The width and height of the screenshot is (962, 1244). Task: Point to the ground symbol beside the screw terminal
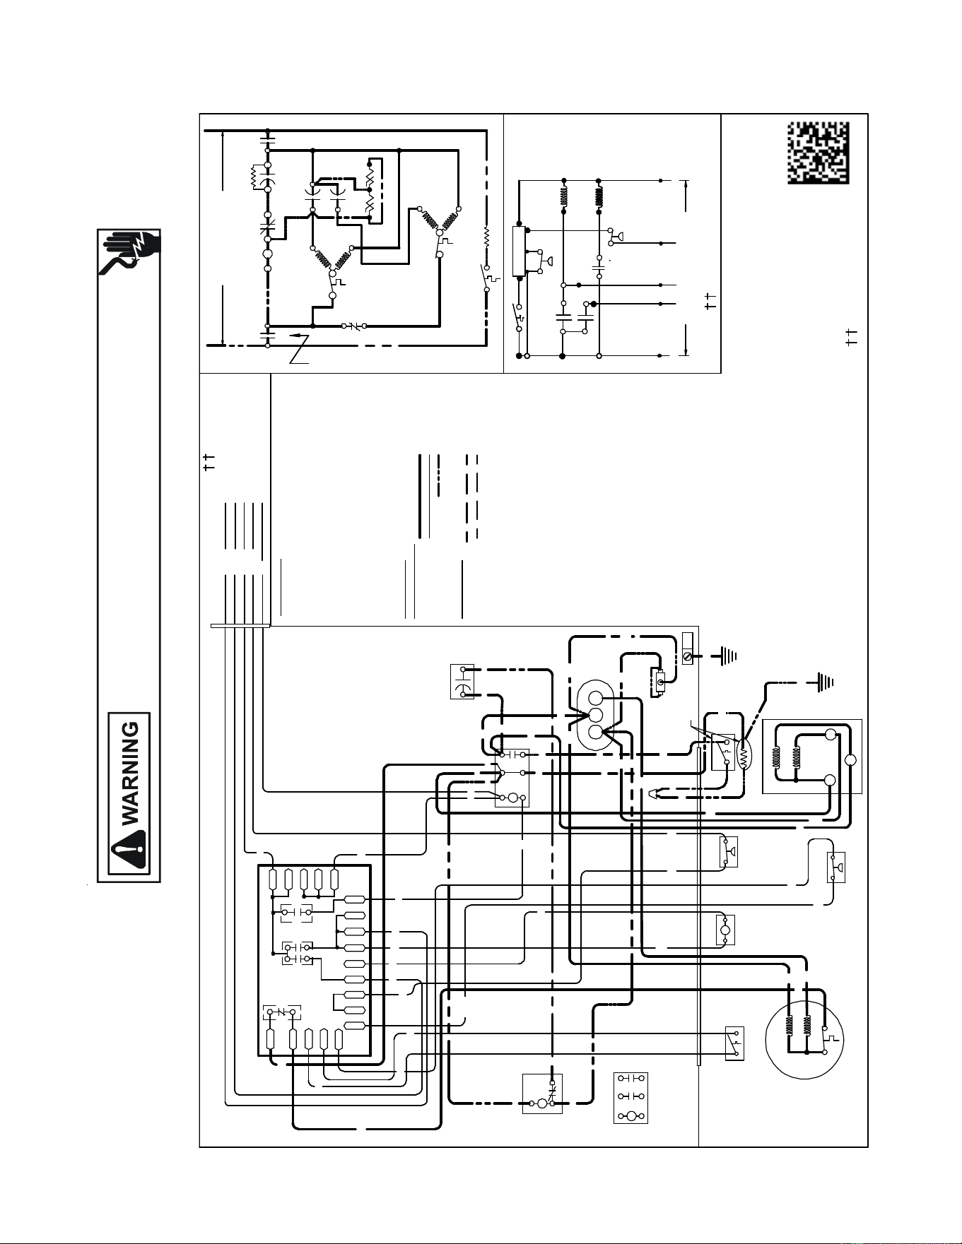(727, 656)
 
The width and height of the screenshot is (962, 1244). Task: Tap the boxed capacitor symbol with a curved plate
(462, 682)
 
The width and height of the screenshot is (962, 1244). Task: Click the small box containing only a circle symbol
(725, 930)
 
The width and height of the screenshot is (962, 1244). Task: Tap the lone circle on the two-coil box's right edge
(851, 759)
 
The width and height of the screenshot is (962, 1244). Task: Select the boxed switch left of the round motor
(734, 1043)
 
